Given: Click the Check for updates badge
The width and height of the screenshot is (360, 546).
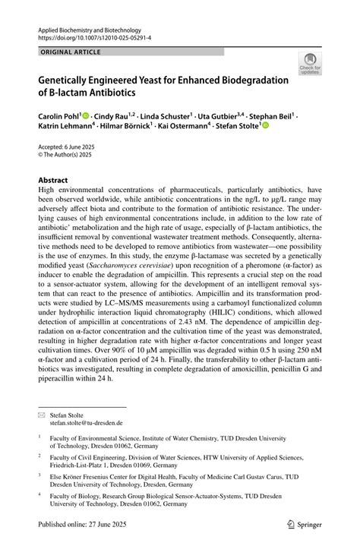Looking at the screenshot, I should coord(310,65).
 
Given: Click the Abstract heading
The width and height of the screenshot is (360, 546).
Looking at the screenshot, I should coord(53,180).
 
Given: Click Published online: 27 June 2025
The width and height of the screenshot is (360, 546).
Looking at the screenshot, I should coord(88,525).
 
